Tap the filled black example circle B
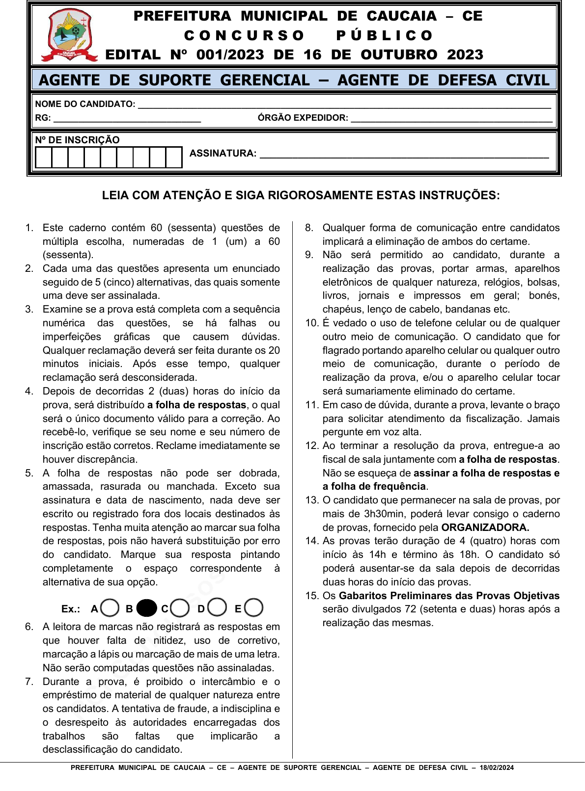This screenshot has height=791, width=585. [x=146, y=608]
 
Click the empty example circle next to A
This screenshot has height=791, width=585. [x=110, y=608]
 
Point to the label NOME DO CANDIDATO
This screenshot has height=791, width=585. [x=85, y=104]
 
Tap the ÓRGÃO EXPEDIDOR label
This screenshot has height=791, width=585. [x=303, y=118]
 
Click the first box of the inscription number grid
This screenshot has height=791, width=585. [x=44, y=158]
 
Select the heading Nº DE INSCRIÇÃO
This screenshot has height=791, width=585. [x=77, y=140]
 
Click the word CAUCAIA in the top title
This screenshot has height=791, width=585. [x=401, y=16]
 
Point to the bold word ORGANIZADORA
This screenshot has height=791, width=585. [x=485, y=527]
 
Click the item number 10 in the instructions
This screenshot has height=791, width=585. [x=312, y=323]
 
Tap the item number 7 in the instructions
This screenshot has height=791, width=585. [x=29, y=682]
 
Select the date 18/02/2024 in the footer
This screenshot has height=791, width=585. [x=497, y=768]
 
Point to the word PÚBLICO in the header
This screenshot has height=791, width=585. [x=384, y=35]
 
